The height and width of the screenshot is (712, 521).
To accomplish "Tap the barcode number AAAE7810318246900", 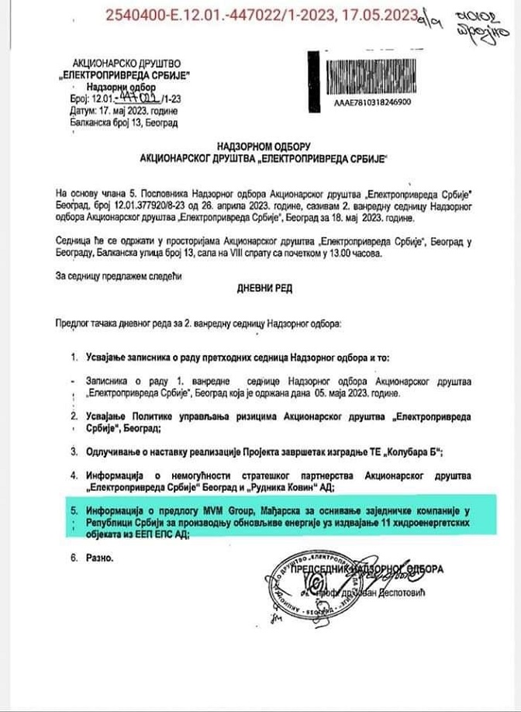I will click(x=372, y=102).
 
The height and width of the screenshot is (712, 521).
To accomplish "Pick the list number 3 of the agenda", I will click(x=74, y=450).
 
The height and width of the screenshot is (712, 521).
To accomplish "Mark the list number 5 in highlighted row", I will click(x=74, y=510).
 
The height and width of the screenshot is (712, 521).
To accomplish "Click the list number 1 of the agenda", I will click(x=74, y=358).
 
